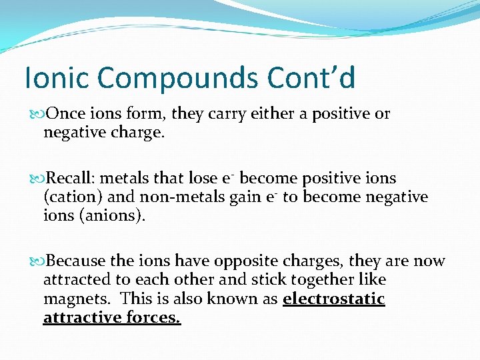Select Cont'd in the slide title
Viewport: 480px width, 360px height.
pyautogui.click(x=311, y=78)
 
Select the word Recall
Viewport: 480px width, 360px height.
pyautogui.click(x=73, y=179)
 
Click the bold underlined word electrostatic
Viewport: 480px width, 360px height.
pyautogui.click(x=334, y=299)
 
